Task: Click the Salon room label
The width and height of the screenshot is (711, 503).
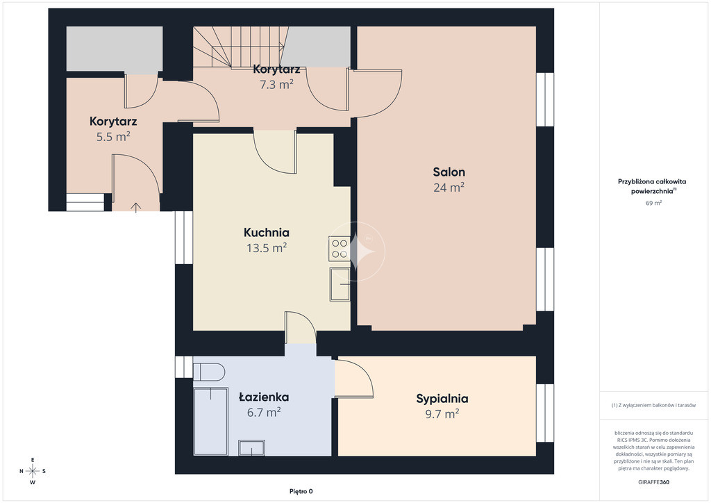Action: (x=449, y=172)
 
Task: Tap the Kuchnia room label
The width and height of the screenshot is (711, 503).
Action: (x=267, y=232)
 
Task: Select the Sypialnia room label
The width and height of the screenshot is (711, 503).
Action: (x=442, y=399)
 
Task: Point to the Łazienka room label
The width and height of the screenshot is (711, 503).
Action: (x=264, y=397)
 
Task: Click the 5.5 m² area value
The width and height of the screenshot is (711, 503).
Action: (x=113, y=136)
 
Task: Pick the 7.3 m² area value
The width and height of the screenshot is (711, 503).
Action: (x=276, y=84)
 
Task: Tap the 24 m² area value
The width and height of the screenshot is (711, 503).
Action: (x=449, y=187)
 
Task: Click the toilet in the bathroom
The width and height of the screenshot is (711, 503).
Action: (x=208, y=372)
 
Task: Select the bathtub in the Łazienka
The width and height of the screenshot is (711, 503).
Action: (x=210, y=421)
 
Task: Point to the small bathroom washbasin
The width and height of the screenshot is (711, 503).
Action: (x=251, y=447)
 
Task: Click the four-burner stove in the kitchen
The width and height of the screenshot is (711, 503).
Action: (x=340, y=249)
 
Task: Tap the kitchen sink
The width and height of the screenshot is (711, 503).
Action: (x=340, y=284)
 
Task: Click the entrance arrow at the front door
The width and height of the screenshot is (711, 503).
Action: (x=136, y=207)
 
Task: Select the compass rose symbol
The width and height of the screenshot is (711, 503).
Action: (x=33, y=471)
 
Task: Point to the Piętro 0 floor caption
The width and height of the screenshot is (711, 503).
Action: (x=301, y=491)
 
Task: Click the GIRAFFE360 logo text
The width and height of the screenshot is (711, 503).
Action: (x=653, y=482)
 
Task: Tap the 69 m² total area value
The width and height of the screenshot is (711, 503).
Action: (x=653, y=203)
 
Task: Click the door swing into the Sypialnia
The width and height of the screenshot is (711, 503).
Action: (x=354, y=379)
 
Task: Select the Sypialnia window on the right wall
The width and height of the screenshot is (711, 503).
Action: (x=544, y=413)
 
